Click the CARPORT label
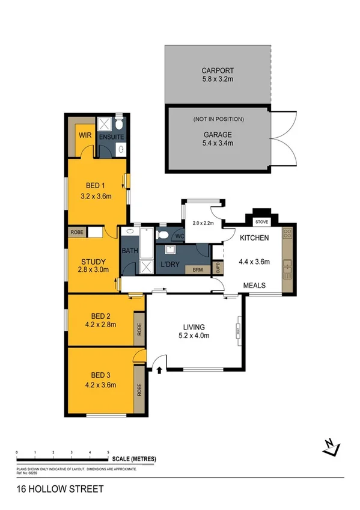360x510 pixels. coord(218,70)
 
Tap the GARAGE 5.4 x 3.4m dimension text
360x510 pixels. coord(218,143)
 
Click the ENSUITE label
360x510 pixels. coord(112,137)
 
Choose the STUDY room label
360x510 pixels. coord(94,262)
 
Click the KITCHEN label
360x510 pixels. coord(254,238)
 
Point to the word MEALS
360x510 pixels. coord(254,286)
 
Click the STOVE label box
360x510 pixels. coord(262,222)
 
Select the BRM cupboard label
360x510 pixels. coord(198,270)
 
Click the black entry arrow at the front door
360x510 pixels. coord(159,369)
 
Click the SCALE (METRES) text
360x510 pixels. coord(134,459)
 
